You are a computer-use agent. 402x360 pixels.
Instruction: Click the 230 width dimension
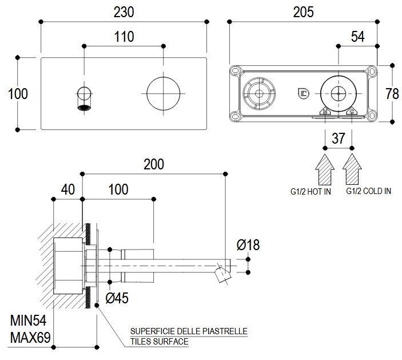tap(124, 12)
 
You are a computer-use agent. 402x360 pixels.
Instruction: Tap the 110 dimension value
tap(124, 37)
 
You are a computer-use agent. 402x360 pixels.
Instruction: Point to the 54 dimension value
tap(357, 37)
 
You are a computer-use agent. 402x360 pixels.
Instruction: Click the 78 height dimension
tap(392, 93)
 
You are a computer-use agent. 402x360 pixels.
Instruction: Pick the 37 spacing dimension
tap(338, 138)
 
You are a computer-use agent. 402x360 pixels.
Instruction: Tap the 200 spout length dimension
tap(153, 164)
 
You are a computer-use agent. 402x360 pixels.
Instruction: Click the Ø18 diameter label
tap(248, 245)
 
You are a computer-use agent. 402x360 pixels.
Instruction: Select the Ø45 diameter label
tap(117, 297)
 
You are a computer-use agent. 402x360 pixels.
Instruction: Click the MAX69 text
tap(28, 337)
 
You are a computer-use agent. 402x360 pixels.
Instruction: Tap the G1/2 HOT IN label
tap(310, 191)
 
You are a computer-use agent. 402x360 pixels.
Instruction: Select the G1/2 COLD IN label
tap(368, 191)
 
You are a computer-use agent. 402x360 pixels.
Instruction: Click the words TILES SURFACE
tap(160, 342)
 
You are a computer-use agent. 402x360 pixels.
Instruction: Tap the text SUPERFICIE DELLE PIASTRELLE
tap(189, 331)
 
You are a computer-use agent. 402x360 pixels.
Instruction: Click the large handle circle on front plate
tap(163, 92)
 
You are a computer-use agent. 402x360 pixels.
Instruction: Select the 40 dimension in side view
tap(67, 190)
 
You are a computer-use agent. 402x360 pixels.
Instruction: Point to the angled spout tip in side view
tap(221, 276)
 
